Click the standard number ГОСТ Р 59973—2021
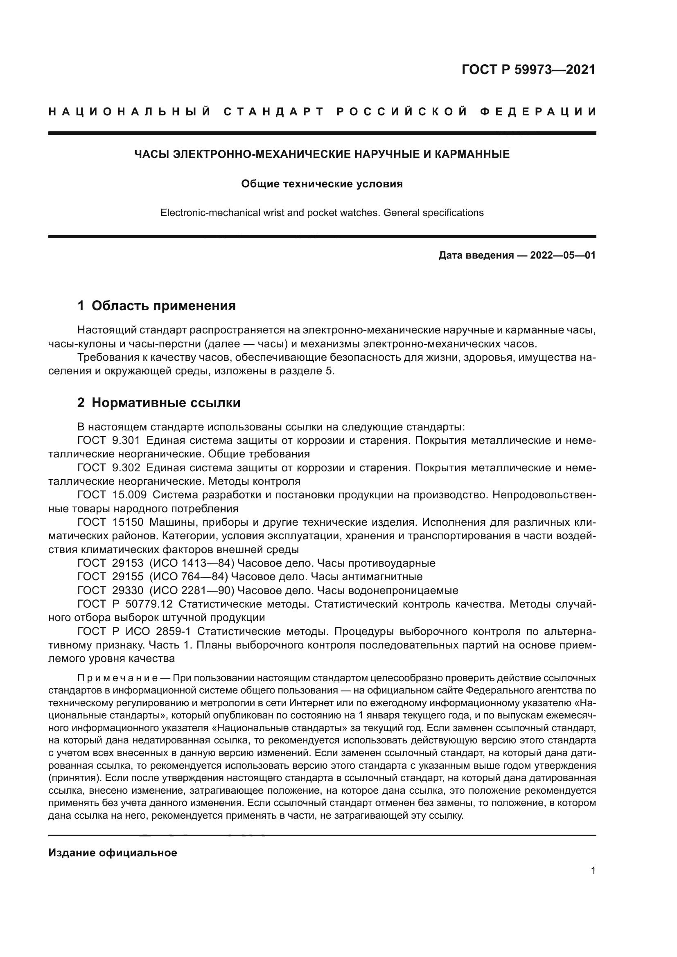click(528, 70)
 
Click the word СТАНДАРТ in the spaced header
click(274, 112)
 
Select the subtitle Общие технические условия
click(322, 184)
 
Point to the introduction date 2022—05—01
click(563, 255)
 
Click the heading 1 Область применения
click(156, 306)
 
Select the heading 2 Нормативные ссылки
click(159, 403)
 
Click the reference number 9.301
click(126, 441)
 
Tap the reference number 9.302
click(126, 468)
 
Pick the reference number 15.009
click(129, 495)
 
